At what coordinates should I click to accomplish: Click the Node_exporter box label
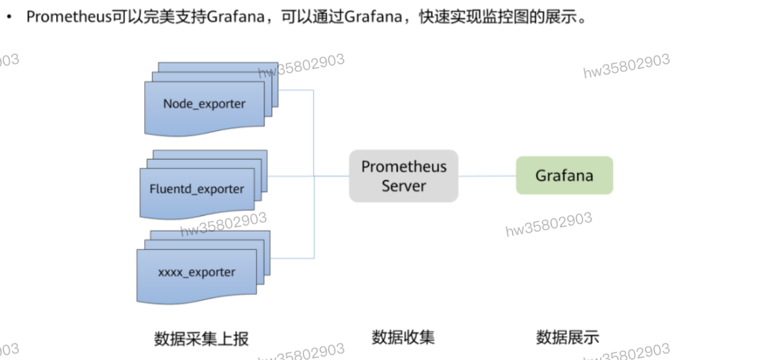pyautogui.click(x=204, y=103)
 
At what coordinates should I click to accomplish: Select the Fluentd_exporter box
pyautogui.click(x=197, y=189)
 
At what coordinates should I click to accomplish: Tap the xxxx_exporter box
pyautogui.click(x=197, y=273)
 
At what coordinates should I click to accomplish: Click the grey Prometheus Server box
pyautogui.click(x=404, y=176)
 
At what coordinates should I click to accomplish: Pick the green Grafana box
pyautogui.click(x=564, y=175)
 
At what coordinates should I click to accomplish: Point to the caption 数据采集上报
pyautogui.click(x=201, y=338)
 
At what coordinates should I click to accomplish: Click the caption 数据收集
pyautogui.click(x=403, y=337)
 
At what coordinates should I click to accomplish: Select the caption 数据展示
pyautogui.click(x=567, y=337)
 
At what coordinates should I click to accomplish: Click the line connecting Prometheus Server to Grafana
pyautogui.click(x=487, y=176)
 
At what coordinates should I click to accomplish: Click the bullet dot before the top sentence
pyautogui.click(x=8, y=17)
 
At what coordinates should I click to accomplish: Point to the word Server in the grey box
pyautogui.click(x=404, y=186)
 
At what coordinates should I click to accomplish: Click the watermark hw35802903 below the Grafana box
pyautogui.click(x=548, y=224)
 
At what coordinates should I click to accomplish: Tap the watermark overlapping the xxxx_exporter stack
pyautogui.click(x=224, y=224)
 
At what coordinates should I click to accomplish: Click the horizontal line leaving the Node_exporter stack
pyautogui.click(x=296, y=90)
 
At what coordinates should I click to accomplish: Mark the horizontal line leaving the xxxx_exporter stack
pyautogui.click(x=293, y=258)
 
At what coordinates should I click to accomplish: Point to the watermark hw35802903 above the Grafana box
pyautogui.click(x=626, y=66)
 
